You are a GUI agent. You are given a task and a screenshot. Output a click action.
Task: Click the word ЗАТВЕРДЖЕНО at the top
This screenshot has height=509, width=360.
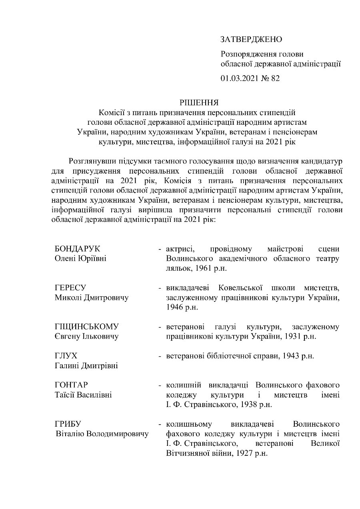click(x=251, y=39)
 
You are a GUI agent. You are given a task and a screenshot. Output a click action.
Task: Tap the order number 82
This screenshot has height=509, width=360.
click(x=275, y=78)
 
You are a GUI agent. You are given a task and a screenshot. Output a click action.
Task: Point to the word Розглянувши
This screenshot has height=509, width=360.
click(x=94, y=162)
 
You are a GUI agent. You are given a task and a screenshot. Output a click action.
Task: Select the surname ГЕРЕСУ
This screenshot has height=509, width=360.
click(x=70, y=288)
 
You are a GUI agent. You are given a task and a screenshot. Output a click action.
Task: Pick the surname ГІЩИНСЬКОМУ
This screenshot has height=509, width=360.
click(x=87, y=327)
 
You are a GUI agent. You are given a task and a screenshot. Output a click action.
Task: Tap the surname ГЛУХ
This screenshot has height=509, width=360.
click(x=66, y=355)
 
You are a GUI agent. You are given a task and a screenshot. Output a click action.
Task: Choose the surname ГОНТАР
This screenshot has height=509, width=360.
click(x=71, y=385)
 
